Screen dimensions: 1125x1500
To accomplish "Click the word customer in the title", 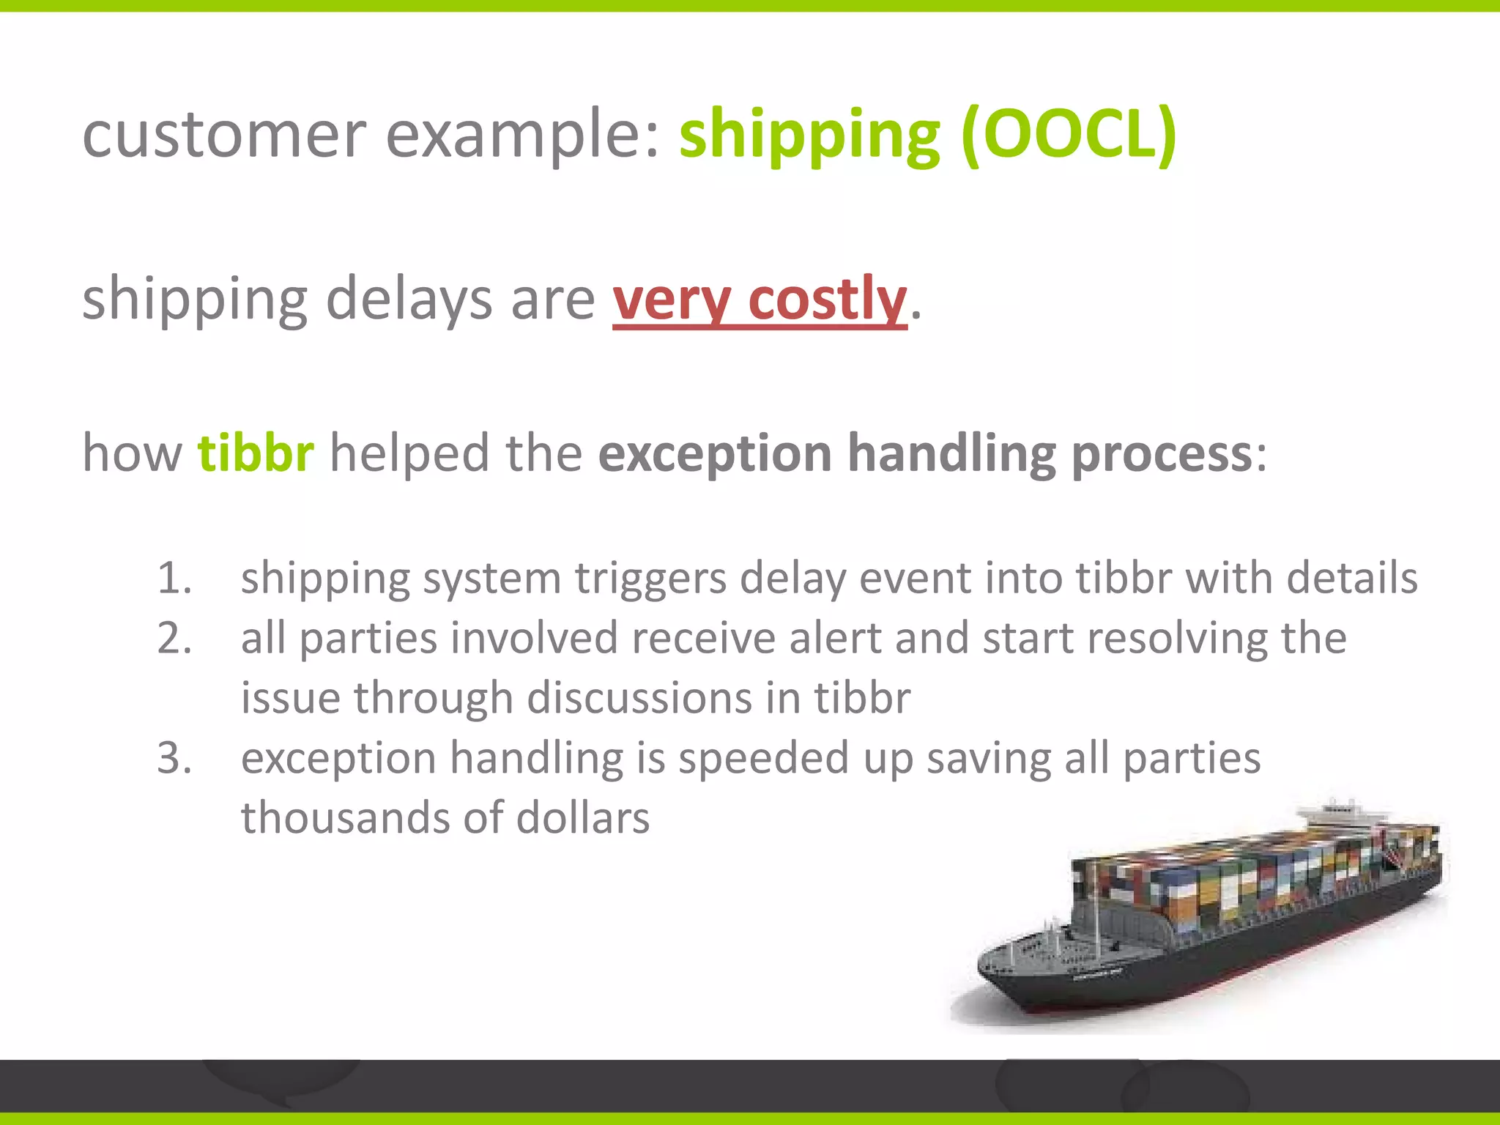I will (x=223, y=135).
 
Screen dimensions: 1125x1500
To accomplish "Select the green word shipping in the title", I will (x=809, y=135).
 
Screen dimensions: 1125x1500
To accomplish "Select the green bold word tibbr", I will (x=256, y=453).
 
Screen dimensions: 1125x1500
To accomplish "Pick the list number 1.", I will (x=174, y=579).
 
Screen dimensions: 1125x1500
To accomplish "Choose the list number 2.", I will (x=174, y=639).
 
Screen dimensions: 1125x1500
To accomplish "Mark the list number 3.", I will (x=174, y=758).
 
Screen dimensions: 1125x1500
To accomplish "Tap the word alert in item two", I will (x=834, y=638).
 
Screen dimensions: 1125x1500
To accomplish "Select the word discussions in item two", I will (x=639, y=698).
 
